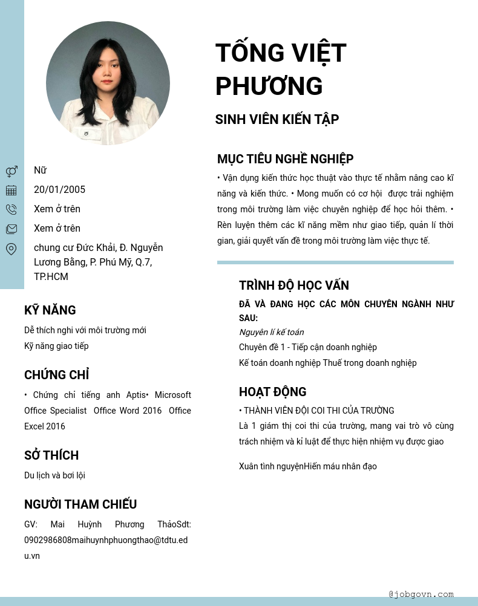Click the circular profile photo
[108, 83]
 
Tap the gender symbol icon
[11, 171]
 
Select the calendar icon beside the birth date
[11, 190]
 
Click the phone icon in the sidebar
[11, 209]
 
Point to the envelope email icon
[11, 229]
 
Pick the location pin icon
[11, 249]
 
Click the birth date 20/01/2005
[59, 190]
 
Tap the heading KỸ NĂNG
[50, 310]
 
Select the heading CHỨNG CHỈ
[56, 375]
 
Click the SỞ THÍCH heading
[51, 455]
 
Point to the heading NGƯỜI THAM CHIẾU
[80, 504]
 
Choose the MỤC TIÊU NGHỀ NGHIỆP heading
[285, 159]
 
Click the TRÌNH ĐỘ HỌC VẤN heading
[293, 285]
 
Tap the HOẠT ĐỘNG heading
[272, 392]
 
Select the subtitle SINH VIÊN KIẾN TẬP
[277, 120]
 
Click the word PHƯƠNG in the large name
[269, 86]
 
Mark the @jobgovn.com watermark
[421, 594]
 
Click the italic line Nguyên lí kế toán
[271, 332]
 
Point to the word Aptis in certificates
[136, 395]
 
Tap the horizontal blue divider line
[335, 262]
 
